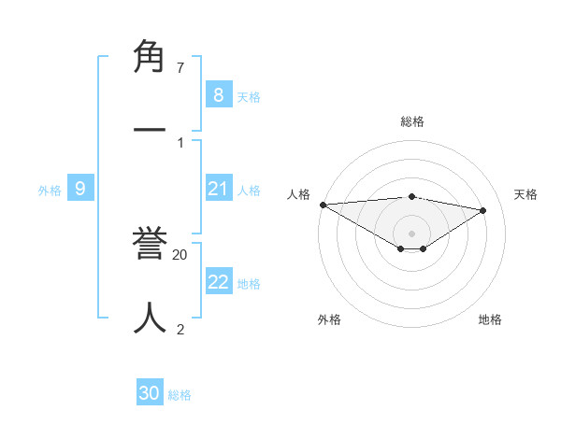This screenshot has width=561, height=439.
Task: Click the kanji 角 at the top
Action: point(150,59)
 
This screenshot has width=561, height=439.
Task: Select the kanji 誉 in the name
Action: point(150,246)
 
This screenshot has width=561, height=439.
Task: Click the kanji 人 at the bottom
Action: point(150,317)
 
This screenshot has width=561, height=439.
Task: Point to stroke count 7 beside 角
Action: point(180,68)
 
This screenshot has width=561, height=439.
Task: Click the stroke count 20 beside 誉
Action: point(180,254)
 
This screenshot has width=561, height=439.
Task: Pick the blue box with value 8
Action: point(218,95)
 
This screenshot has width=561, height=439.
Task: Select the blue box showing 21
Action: point(218,190)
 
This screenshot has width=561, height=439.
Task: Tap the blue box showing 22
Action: point(218,282)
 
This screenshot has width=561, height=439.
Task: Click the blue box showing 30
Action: point(150,393)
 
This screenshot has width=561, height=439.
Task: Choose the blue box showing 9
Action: point(80,190)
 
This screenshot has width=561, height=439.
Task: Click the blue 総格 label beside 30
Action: point(180,395)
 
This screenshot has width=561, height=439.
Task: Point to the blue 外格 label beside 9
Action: point(50,191)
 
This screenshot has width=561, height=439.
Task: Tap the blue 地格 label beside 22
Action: point(249,284)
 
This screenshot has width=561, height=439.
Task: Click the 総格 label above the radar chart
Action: point(412,121)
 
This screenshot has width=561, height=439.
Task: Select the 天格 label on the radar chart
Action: point(525,194)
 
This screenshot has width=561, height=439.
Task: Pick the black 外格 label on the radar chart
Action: point(329,319)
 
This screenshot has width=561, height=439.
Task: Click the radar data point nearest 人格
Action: point(323,205)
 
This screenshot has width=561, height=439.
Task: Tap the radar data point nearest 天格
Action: point(483,210)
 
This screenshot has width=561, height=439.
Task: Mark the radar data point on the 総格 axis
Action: point(412,196)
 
